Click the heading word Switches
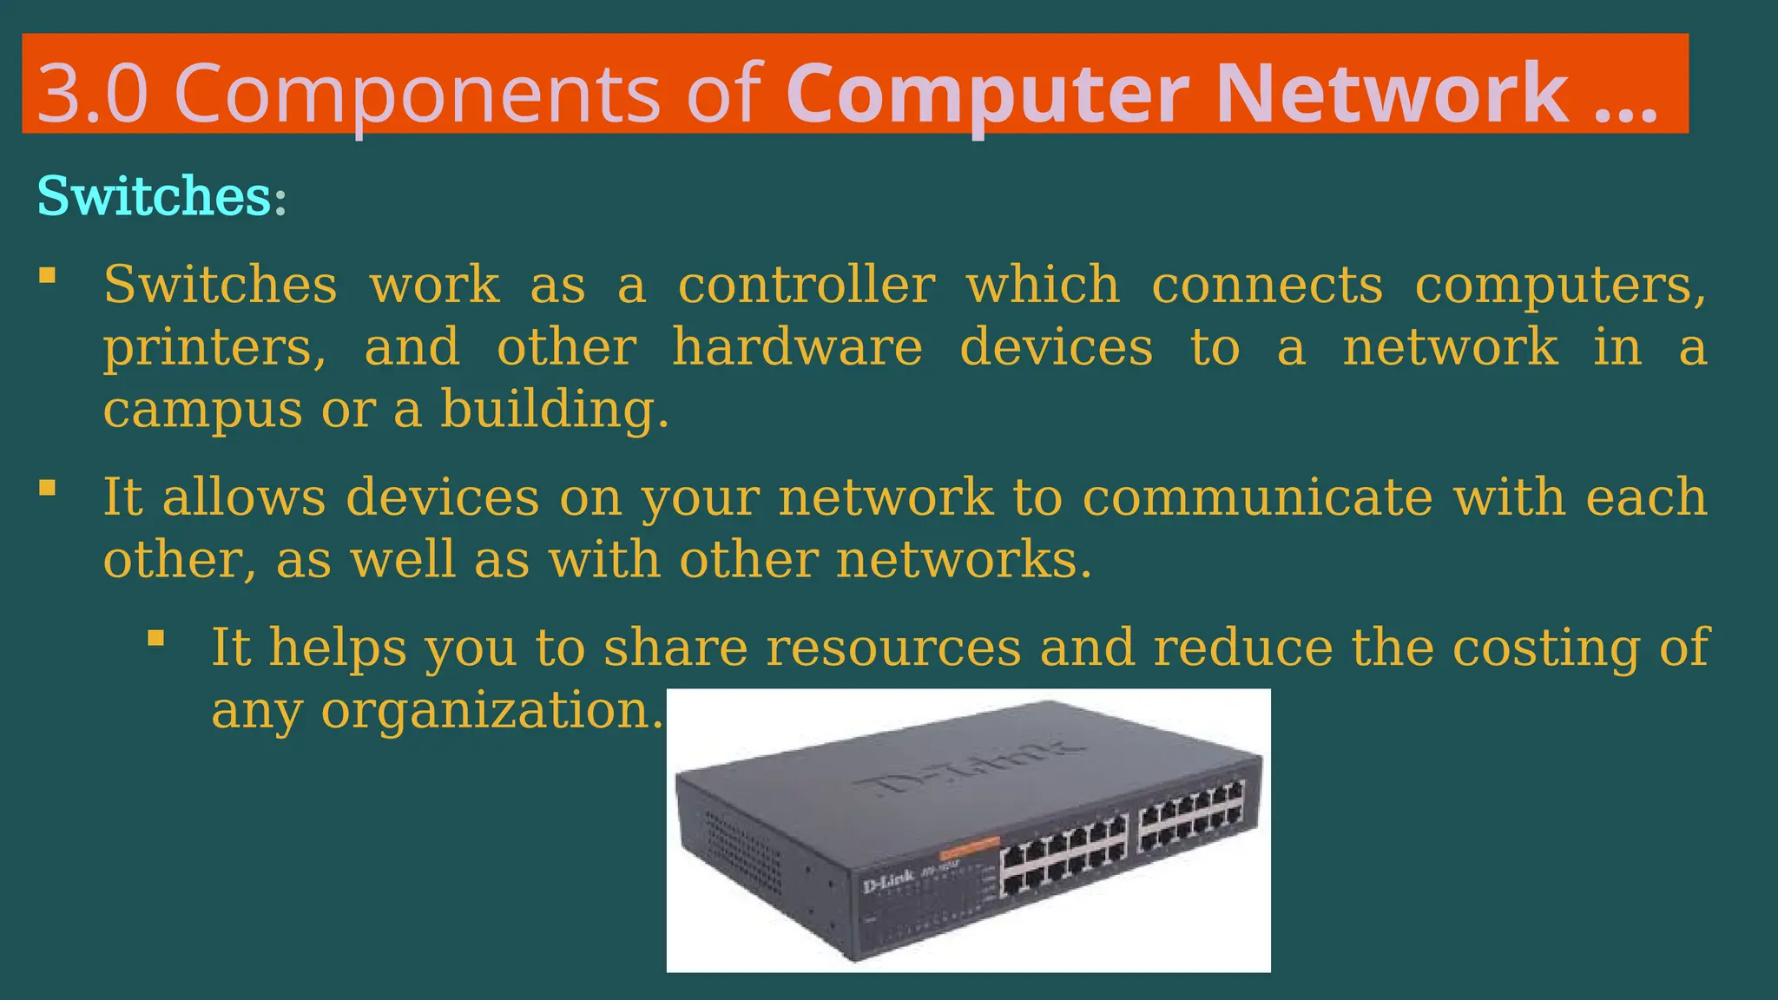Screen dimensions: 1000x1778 155,196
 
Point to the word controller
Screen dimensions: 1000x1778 807,285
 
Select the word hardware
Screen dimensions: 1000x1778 797,347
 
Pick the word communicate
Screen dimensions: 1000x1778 1257,497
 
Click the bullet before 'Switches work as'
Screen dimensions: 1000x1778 48,276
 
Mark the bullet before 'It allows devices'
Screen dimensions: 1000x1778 48,488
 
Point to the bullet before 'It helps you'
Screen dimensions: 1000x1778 156,639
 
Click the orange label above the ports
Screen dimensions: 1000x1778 970,845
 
